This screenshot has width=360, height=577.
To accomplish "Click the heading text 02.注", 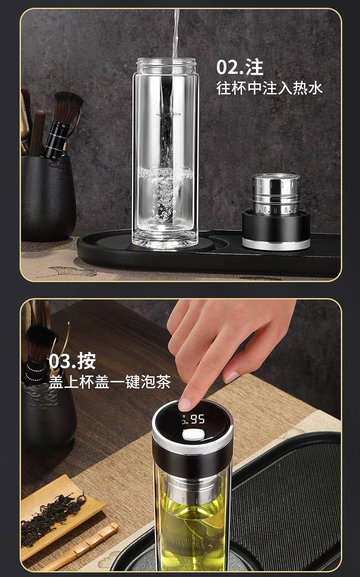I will [x=240, y=67].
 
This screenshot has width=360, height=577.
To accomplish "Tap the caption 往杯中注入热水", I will [x=269, y=88].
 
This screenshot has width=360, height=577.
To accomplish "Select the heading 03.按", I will [x=72, y=361].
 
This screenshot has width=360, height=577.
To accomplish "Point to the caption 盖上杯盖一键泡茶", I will [x=109, y=382].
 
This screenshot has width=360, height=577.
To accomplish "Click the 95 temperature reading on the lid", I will [x=198, y=419].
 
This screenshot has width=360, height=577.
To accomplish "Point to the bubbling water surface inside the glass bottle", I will [x=165, y=174].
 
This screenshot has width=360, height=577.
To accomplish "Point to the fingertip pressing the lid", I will [x=185, y=403].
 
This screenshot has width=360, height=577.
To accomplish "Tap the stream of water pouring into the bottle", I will [x=175, y=32].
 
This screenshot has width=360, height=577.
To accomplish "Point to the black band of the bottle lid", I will [x=192, y=460].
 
